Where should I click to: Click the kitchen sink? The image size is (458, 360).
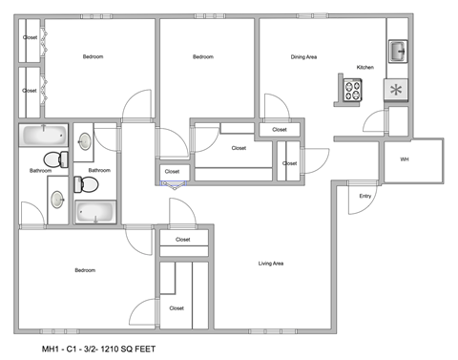click(397, 51)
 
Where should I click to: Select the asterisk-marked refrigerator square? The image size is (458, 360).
click(396, 90)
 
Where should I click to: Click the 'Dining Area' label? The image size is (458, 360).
click(304, 57)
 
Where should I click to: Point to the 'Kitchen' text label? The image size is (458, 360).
click(364, 68)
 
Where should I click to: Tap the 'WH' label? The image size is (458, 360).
click(405, 159)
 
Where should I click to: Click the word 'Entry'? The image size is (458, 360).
click(364, 197)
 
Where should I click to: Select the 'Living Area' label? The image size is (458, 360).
click(273, 264)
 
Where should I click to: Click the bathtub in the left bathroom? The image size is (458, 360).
click(44, 136)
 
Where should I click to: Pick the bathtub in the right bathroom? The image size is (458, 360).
click(94, 211)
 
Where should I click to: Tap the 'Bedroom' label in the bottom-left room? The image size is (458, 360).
click(85, 271)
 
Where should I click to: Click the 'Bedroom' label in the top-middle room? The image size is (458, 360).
click(202, 57)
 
